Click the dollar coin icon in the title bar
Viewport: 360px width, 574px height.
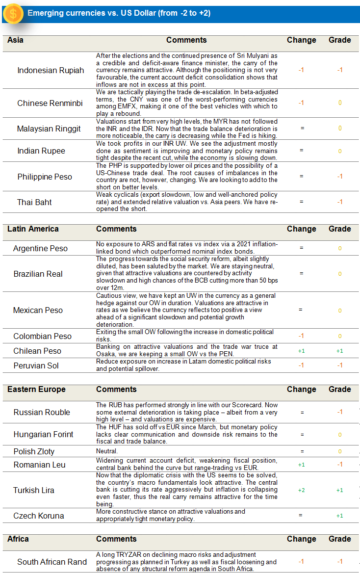pos(13,14)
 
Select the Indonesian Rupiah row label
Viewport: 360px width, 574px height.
pos(51,70)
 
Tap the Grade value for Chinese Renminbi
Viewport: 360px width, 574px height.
pos(339,103)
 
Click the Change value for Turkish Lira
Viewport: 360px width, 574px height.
pos(301,490)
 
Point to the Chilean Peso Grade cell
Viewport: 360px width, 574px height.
pos(339,351)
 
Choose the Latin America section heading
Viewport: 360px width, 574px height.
pos(33,229)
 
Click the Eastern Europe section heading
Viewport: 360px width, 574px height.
pos(36,389)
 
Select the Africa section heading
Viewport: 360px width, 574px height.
pos(18,539)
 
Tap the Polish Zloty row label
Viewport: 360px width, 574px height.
pos(34,451)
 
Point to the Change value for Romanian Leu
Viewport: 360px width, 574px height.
pos(301,465)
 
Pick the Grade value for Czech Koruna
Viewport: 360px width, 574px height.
pos(339,516)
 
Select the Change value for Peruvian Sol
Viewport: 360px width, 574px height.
pos(301,365)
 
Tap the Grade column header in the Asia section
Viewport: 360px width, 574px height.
pos(339,40)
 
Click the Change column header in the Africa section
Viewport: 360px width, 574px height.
pos(301,539)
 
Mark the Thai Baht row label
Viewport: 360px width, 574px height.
pos(34,202)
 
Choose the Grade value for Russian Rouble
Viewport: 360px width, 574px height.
pos(339,412)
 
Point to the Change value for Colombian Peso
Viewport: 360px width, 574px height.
pos(301,336)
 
